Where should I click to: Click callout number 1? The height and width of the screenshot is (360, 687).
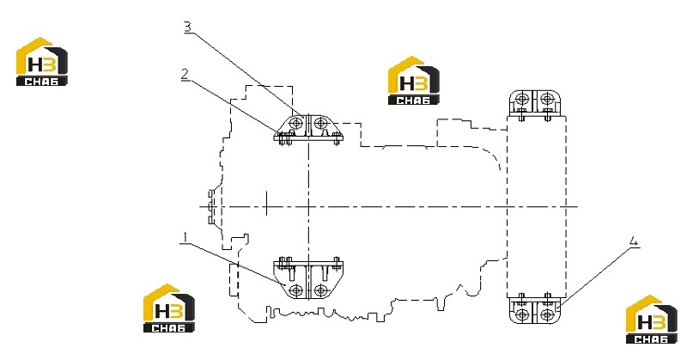tap(185, 238)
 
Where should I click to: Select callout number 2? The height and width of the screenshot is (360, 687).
tap(185, 75)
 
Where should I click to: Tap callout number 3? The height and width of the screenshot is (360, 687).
tap(187, 27)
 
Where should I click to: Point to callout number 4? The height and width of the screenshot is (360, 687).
tap(634, 241)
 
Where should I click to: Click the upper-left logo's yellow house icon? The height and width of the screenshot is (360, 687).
tap(34, 56)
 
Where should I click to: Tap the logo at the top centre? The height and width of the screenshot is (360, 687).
tap(414, 80)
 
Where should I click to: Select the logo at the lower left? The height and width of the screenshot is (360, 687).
tap(168, 308)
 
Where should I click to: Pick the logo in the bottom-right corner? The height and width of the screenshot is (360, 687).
tap(652, 320)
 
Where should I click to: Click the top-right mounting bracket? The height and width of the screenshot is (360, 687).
tap(534, 105)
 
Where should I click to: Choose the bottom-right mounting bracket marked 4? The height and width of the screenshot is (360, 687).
tap(534, 308)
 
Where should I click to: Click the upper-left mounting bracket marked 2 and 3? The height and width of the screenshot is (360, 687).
tap(308, 129)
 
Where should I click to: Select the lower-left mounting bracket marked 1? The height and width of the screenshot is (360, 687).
tap(308, 278)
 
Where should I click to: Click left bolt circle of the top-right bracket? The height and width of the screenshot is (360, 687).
tap(522, 98)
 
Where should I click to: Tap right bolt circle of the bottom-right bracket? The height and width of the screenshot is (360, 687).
tap(547, 314)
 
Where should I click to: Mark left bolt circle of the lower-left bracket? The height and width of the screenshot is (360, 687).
tap(296, 290)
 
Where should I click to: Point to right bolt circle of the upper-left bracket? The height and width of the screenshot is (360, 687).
tap(321, 122)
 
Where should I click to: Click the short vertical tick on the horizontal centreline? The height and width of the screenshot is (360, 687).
tap(266, 204)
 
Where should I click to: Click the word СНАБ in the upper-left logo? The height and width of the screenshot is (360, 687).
tap(41, 81)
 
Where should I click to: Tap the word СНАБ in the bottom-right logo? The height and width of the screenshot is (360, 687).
tap(651, 339)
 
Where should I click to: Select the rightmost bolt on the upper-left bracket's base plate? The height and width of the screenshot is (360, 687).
tap(337, 140)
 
